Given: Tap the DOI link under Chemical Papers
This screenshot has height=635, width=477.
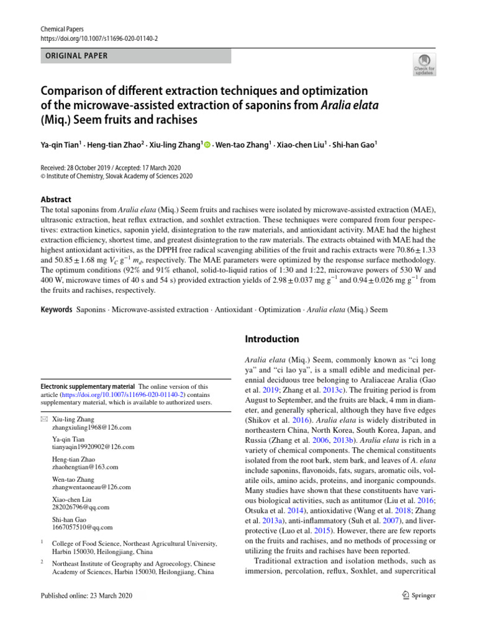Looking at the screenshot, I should (90, 38).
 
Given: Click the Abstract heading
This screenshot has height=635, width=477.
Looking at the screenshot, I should (55, 200).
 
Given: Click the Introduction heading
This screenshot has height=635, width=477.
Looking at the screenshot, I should (272, 339).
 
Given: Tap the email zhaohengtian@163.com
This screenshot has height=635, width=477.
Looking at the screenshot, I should (85, 467).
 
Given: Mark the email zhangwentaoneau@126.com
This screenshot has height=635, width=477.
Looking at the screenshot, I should (91, 487).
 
